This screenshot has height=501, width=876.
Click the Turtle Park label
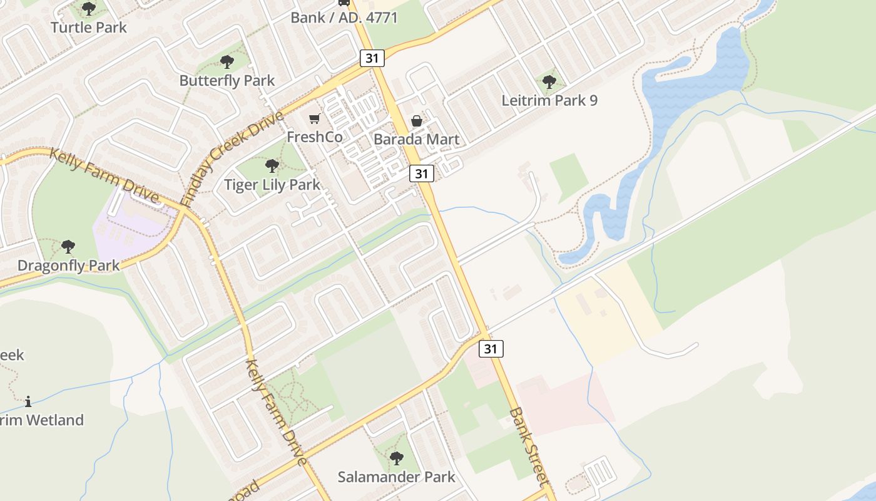(x=88, y=28)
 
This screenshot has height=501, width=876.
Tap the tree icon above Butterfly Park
(x=227, y=61)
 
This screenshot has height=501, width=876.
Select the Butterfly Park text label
(x=227, y=81)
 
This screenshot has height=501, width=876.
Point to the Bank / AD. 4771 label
(x=344, y=18)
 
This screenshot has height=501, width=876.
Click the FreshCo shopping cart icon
(x=315, y=118)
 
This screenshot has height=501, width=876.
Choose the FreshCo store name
(x=315, y=137)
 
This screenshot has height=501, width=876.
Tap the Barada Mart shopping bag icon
(x=417, y=121)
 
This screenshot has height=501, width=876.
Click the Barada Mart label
(x=417, y=140)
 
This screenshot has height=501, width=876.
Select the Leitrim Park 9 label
(x=549, y=100)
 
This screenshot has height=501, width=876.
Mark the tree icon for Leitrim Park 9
(x=549, y=81)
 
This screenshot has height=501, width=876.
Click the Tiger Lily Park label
(x=272, y=185)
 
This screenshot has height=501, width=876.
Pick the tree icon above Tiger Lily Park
(x=272, y=166)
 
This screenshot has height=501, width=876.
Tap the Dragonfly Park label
(x=68, y=266)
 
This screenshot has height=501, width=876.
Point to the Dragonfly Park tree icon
(x=68, y=247)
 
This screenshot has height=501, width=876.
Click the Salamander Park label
(x=397, y=477)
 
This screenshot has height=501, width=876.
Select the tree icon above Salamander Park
(x=396, y=458)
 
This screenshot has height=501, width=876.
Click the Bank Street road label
(x=529, y=445)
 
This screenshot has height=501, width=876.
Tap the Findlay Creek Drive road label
(x=232, y=159)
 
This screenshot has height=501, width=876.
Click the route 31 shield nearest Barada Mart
(x=422, y=173)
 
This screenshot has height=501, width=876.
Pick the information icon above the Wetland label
(x=28, y=401)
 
